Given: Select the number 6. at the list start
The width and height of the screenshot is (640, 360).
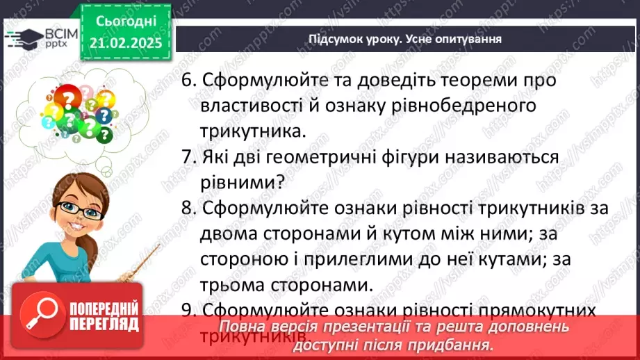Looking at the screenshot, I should (188, 81).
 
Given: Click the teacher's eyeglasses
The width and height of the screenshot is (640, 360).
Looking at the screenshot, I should (76, 208).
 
